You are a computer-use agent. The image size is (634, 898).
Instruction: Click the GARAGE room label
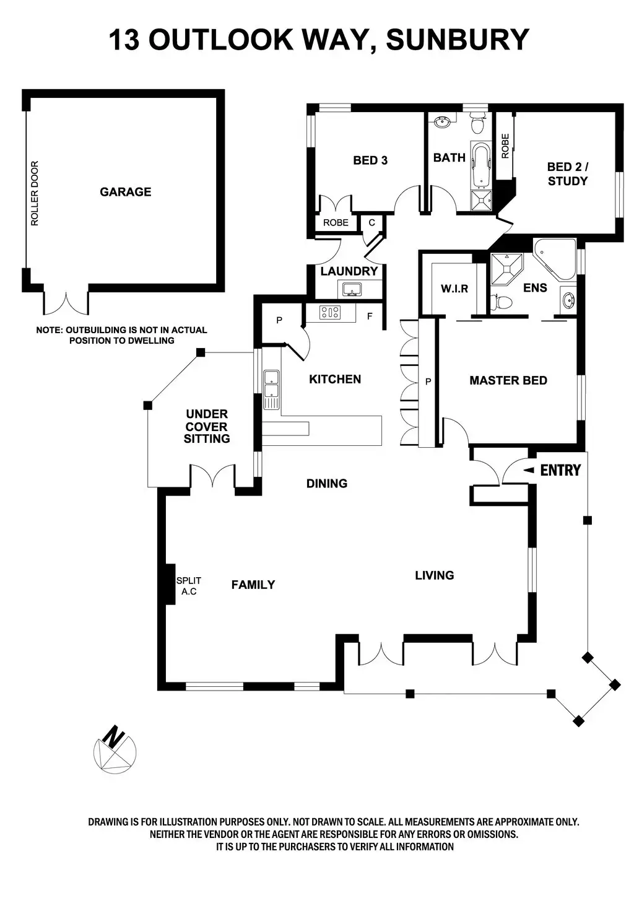point(126,192)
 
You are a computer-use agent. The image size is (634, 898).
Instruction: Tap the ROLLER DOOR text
point(35,194)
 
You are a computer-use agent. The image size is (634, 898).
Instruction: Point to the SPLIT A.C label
point(188,586)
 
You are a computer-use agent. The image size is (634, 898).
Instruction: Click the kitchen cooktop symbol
point(329,313)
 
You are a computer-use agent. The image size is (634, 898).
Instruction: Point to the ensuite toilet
point(502,302)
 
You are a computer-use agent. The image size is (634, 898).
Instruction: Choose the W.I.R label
point(454,289)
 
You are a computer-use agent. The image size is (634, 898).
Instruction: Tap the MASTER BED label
point(508,380)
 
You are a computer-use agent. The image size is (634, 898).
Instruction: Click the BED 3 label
point(370,160)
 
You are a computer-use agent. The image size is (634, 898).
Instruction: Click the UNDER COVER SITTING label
point(207,426)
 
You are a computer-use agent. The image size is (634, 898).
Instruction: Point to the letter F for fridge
point(370,316)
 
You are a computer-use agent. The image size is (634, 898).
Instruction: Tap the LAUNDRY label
point(349,271)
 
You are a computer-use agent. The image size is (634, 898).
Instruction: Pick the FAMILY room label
point(253,584)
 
